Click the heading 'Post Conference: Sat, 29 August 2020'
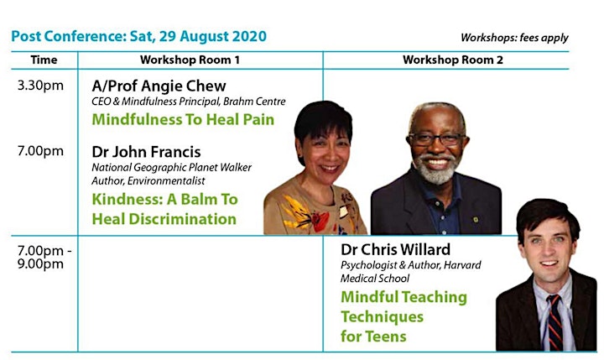point(138,36)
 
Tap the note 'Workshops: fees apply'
point(514,38)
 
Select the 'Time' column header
point(44,60)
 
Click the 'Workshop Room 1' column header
point(190,60)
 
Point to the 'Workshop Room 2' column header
point(453,60)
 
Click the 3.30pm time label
point(40,86)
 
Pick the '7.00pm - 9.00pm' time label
point(44,257)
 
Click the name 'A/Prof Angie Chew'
point(159,86)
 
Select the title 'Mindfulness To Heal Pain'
point(183,119)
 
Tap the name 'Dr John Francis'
point(146,152)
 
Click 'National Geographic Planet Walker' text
point(171,167)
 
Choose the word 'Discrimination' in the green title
point(182,219)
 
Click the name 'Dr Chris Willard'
point(395,249)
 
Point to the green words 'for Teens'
point(373,337)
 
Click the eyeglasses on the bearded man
point(437,139)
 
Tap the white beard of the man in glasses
point(436,169)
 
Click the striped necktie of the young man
point(555,322)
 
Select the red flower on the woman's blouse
point(320,222)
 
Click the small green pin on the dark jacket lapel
point(476,219)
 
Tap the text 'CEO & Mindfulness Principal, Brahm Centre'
point(189,102)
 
